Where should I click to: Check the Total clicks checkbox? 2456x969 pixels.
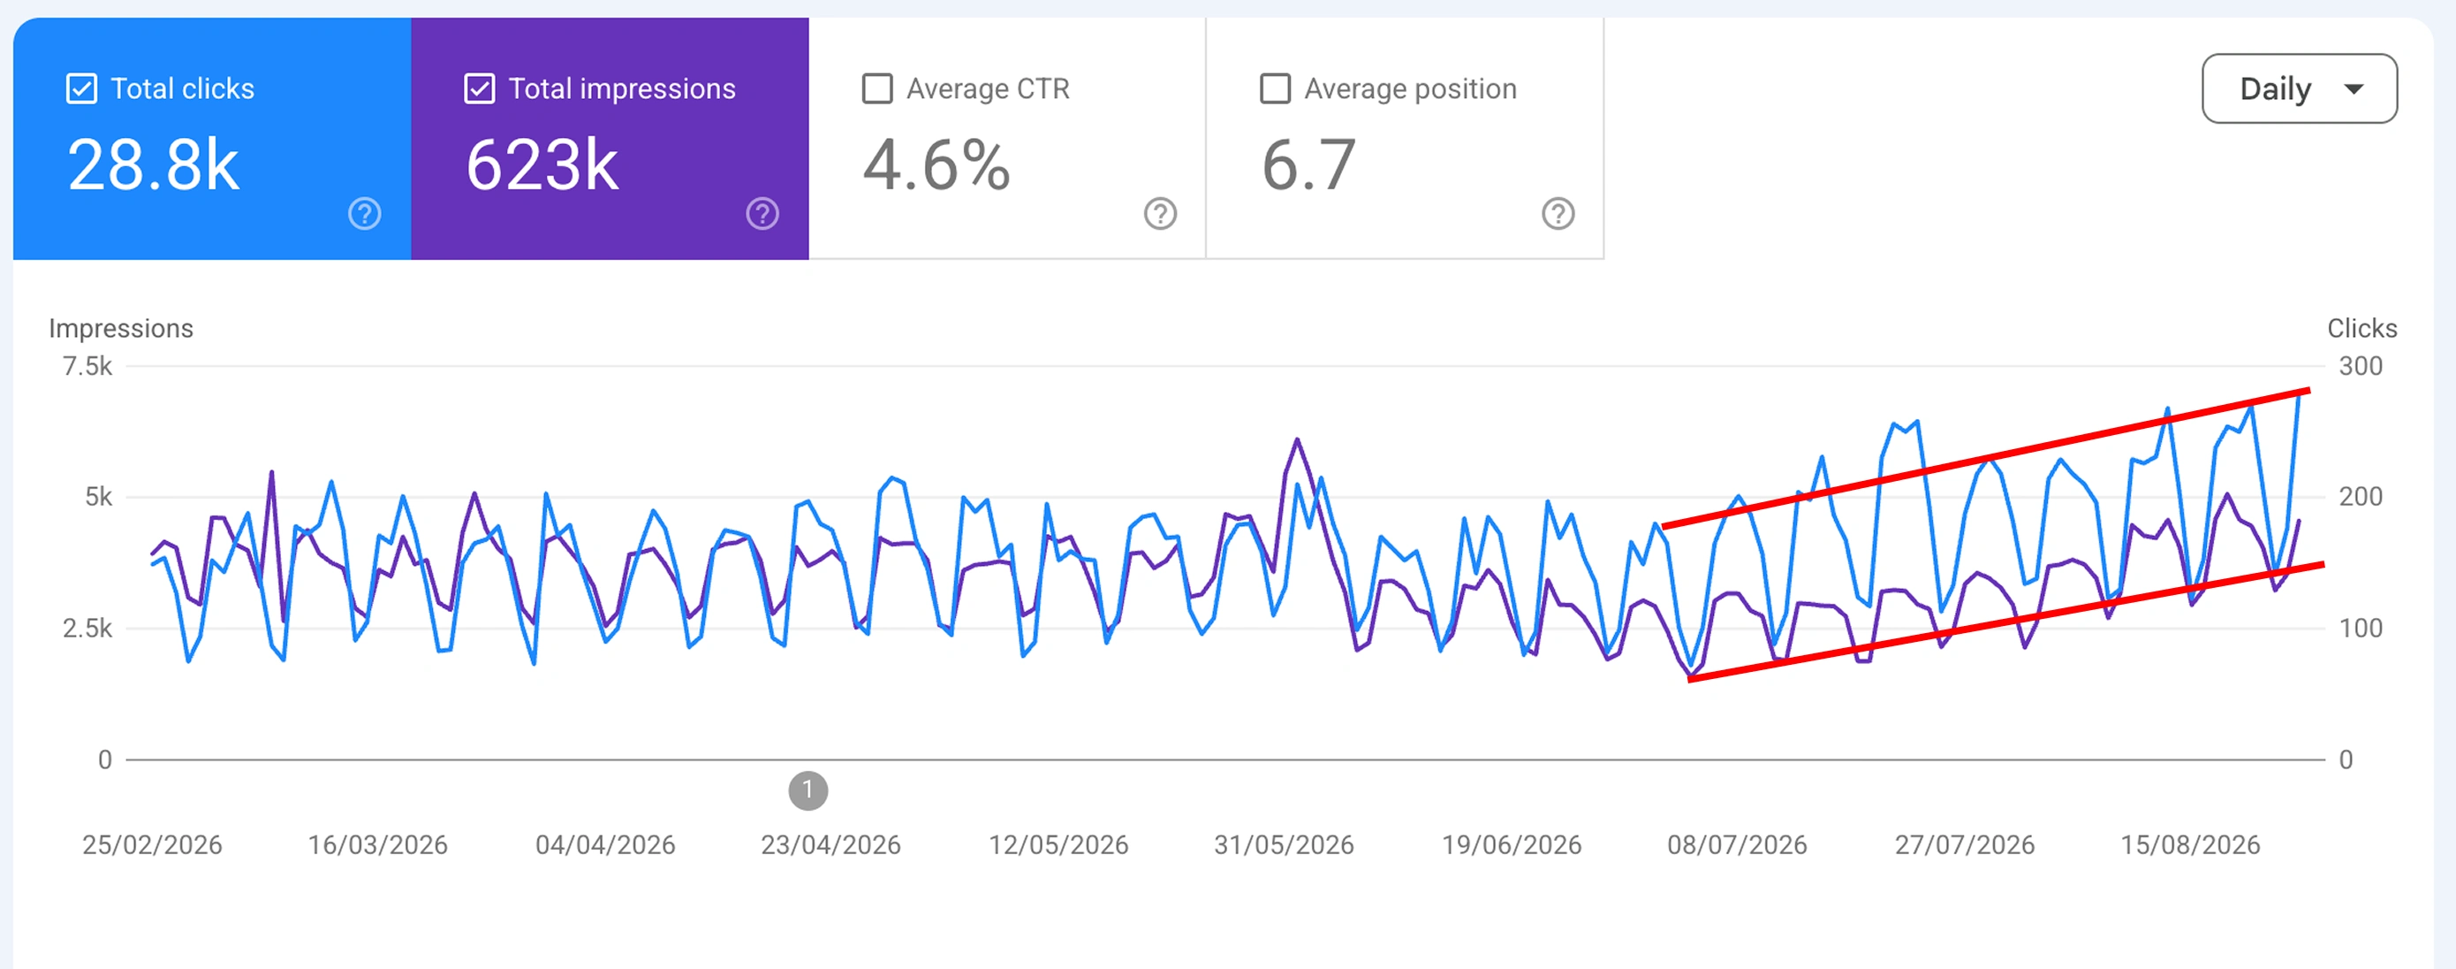pyautogui.click(x=82, y=88)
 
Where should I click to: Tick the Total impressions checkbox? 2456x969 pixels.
pyautogui.click(x=480, y=88)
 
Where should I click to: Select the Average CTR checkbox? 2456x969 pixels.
pyautogui.click(x=877, y=88)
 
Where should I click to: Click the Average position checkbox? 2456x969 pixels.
pyautogui.click(x=1275, y=88)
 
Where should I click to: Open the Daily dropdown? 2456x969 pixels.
pyautogui.click(x=2299, y=88)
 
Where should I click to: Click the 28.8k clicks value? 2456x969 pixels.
pyautogui.click(x=154, y=166)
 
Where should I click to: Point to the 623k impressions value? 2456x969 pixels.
pyautogui.click(x=542, y=166)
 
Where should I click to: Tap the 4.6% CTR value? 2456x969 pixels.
pyautogui.click(x=936, y=166)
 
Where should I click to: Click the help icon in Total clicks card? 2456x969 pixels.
pyautogui.click(x=364, y=214)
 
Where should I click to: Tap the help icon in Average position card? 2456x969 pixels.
pyautogui.click(x=1558, y=214)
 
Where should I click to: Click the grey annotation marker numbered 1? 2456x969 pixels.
pyautogui.click(x=808, y=790)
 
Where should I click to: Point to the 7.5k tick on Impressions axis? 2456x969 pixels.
pyautogui.click(x=87, y=366)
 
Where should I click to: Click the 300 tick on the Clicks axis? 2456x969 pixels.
pyautogui.click(x=2361, y=366)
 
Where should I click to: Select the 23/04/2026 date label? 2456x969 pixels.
pyautogui.click(x=830, y=845)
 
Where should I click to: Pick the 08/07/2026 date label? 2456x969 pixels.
pyautogui.click(x=1737, y=845)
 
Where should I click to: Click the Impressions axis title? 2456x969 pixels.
pyautogui.click(x=121, y=328)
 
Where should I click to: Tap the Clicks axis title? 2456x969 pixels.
pyautogui.click(x=2361, y=328)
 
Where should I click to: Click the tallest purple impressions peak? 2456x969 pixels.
pyautogui.click(x=1298, y=439)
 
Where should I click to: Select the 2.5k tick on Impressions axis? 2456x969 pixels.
pyautogui.click(x=87, y=629)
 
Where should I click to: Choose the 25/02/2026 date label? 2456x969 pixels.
pyautogui.click(x=153, y=845)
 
